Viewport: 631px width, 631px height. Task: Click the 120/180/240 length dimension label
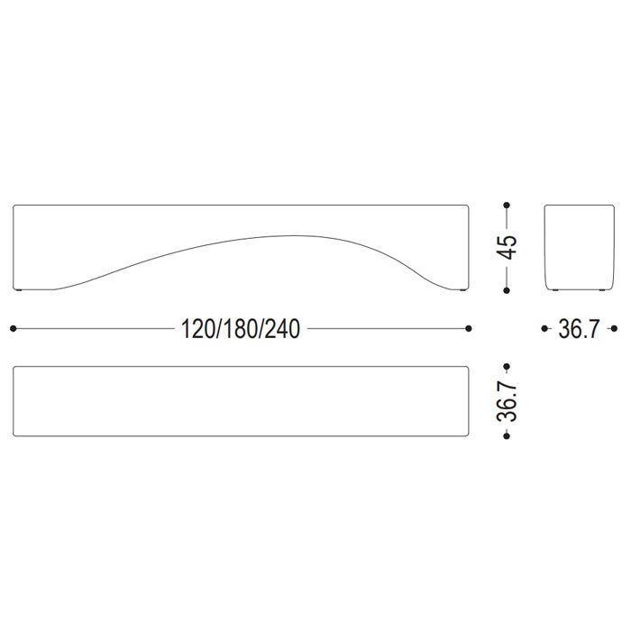point(241,329)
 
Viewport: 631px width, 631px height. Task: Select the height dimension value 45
point(507,248)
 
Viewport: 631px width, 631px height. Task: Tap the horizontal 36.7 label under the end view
point(579,329)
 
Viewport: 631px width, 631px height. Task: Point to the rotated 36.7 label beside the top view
point(507,401)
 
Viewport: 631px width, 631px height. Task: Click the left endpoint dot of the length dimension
point(13,329)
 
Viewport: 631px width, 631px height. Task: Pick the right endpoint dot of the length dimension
point(468,329)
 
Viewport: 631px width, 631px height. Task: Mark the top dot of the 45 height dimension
point(507,206)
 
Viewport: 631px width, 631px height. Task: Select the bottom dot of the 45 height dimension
point(507,290)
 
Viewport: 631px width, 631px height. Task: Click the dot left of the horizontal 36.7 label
point(544,329)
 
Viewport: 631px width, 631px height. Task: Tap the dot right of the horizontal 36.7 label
point(614,329)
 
